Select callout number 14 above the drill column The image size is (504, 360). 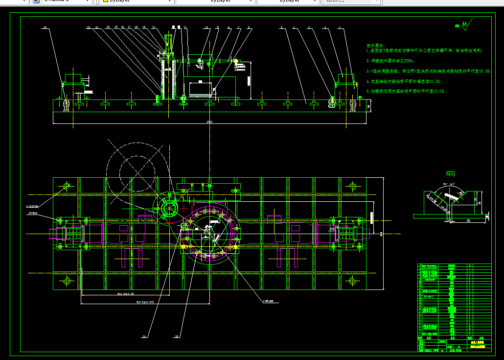click(153, 27)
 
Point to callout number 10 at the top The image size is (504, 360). click(206, 27)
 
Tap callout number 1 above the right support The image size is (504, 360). click(341, 28)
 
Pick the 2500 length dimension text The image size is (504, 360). click(209, 121)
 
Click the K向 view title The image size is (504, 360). click(450, 174)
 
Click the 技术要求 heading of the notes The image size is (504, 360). click(376, 45)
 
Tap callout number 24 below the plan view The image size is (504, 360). click(144, 336)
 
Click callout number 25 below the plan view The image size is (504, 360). click(177, 336)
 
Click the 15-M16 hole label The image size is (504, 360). click(34, 213)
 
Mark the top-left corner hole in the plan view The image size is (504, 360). click(67, 186)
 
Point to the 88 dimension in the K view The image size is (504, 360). click(468, 221)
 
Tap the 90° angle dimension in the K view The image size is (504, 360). click(446, 184)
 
